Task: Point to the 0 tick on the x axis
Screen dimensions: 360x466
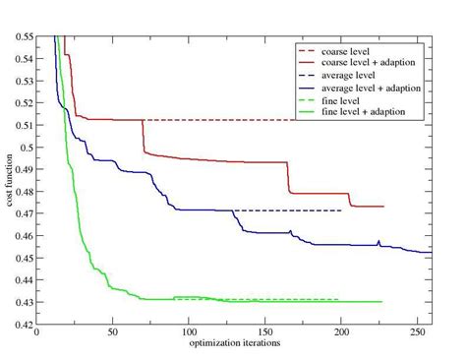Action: (x=36, y=332)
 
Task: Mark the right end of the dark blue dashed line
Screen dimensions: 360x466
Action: (x=340, y=210)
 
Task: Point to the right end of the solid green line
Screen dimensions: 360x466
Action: (x=381, y=301)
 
